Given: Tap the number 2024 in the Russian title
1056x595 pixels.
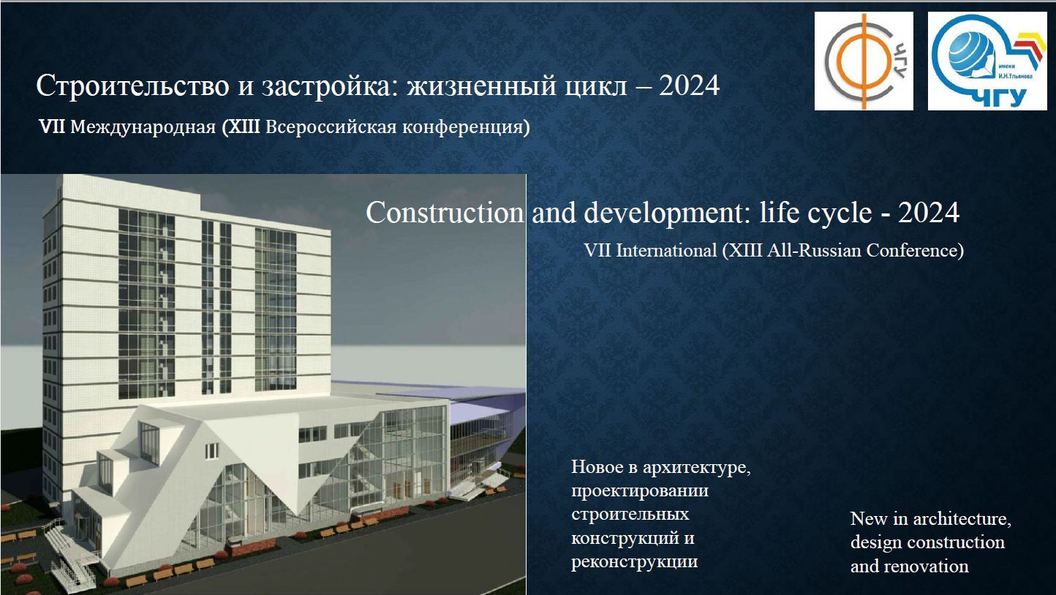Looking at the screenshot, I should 689,86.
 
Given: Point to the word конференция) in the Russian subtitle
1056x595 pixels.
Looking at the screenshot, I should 473,127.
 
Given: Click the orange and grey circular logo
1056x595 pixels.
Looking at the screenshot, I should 864,61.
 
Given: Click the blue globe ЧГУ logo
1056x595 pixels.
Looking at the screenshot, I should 987,61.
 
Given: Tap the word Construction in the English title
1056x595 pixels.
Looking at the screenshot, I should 445,213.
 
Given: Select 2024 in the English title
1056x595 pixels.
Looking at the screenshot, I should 929,213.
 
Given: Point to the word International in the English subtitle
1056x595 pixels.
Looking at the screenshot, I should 666,250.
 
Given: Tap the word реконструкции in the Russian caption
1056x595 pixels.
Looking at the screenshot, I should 634,562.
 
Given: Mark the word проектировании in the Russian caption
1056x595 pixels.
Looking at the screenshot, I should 640,490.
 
